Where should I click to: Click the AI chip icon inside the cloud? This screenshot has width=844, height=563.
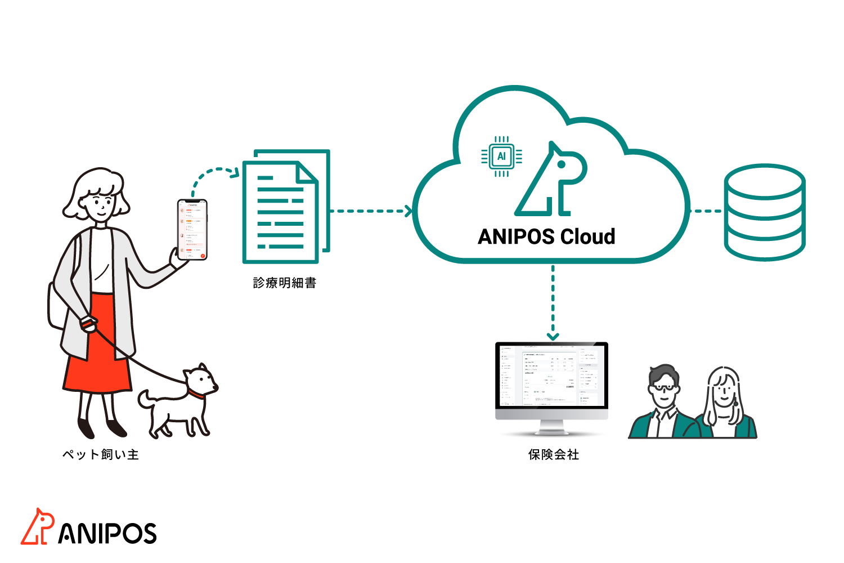click(501, 157)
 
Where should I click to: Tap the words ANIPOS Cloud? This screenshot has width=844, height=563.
click(546, 236)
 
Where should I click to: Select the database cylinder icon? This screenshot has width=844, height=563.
click(765, 212)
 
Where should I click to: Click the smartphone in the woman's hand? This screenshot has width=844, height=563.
click(192, 230)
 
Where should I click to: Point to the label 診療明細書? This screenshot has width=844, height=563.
click(285, 283)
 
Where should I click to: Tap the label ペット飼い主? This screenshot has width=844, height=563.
click(101, 454)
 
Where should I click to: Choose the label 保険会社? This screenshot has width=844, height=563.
click(554, 454)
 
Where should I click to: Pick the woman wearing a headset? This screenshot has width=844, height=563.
click(725, 402)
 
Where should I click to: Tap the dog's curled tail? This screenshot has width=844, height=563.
click(146, 398)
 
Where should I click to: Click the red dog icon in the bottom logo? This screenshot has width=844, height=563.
click(38, 527)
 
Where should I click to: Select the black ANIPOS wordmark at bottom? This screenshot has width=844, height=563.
click(107, 533)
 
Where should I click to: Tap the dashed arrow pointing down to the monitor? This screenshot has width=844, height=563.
click(553, 301)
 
